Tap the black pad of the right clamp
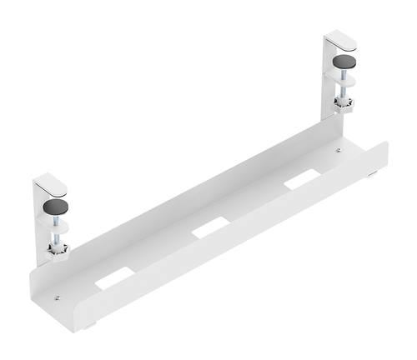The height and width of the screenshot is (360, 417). (344, 62)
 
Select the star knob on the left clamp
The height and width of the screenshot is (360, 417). (57, 248)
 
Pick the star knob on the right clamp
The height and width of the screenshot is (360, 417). (343, 104)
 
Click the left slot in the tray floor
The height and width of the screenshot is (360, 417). (114, 278)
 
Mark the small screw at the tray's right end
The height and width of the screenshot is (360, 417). (338, 151)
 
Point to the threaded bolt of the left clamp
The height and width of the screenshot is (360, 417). (56, 234)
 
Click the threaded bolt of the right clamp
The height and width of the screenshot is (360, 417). (343, 90)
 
